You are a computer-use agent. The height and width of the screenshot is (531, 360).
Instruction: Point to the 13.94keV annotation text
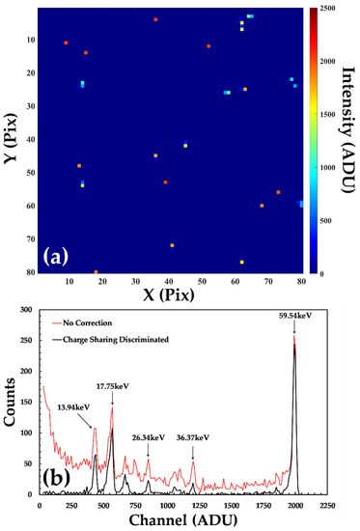(x=77, y=408)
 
